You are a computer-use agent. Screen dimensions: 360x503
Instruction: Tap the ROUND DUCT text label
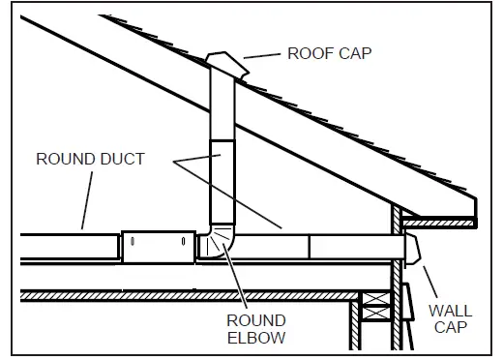pyautogui.click(x=90, y=159)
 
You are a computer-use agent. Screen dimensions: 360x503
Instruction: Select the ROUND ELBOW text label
pyautogui.click(x=255, y=329)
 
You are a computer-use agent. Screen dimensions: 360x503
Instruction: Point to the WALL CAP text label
pyautogui.click(x=451, y=320)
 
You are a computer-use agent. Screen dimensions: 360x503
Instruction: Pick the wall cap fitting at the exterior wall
pyautogui.click(x=413, y=249)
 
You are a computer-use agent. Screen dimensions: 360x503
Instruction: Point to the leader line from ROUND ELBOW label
pyautogui.click(x=238, y=280)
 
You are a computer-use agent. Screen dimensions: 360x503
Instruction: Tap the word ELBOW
pyautogui.click(x=255, y=338)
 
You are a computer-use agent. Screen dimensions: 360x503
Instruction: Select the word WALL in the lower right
pyautogui.click(x=451, y=312)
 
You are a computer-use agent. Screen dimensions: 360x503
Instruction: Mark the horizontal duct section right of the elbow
pyautogui.click(x=319, y=247)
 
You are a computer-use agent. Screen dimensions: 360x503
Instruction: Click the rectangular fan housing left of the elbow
pyautogui.click(x=156, y=246)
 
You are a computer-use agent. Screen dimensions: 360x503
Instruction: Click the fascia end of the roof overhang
pyautogui.click(x=477, y=207)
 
